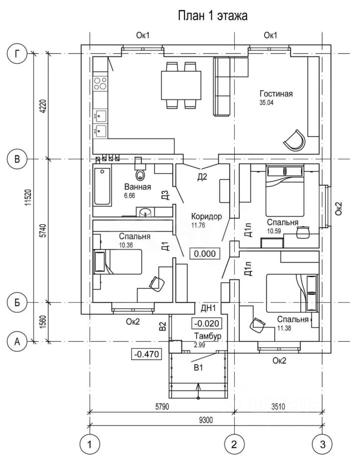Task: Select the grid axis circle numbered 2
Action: (234, 445)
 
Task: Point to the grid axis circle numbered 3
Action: (322, 445)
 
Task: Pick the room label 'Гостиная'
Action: (276, 94)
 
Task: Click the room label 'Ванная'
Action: (137, 187)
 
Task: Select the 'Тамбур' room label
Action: (208, 336)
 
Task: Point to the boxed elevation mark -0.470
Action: (146, 354)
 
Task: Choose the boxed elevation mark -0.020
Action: (208, 324)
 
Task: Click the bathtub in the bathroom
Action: (102, 187)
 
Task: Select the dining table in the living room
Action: (181, 84)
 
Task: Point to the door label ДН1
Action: (208, 307)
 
